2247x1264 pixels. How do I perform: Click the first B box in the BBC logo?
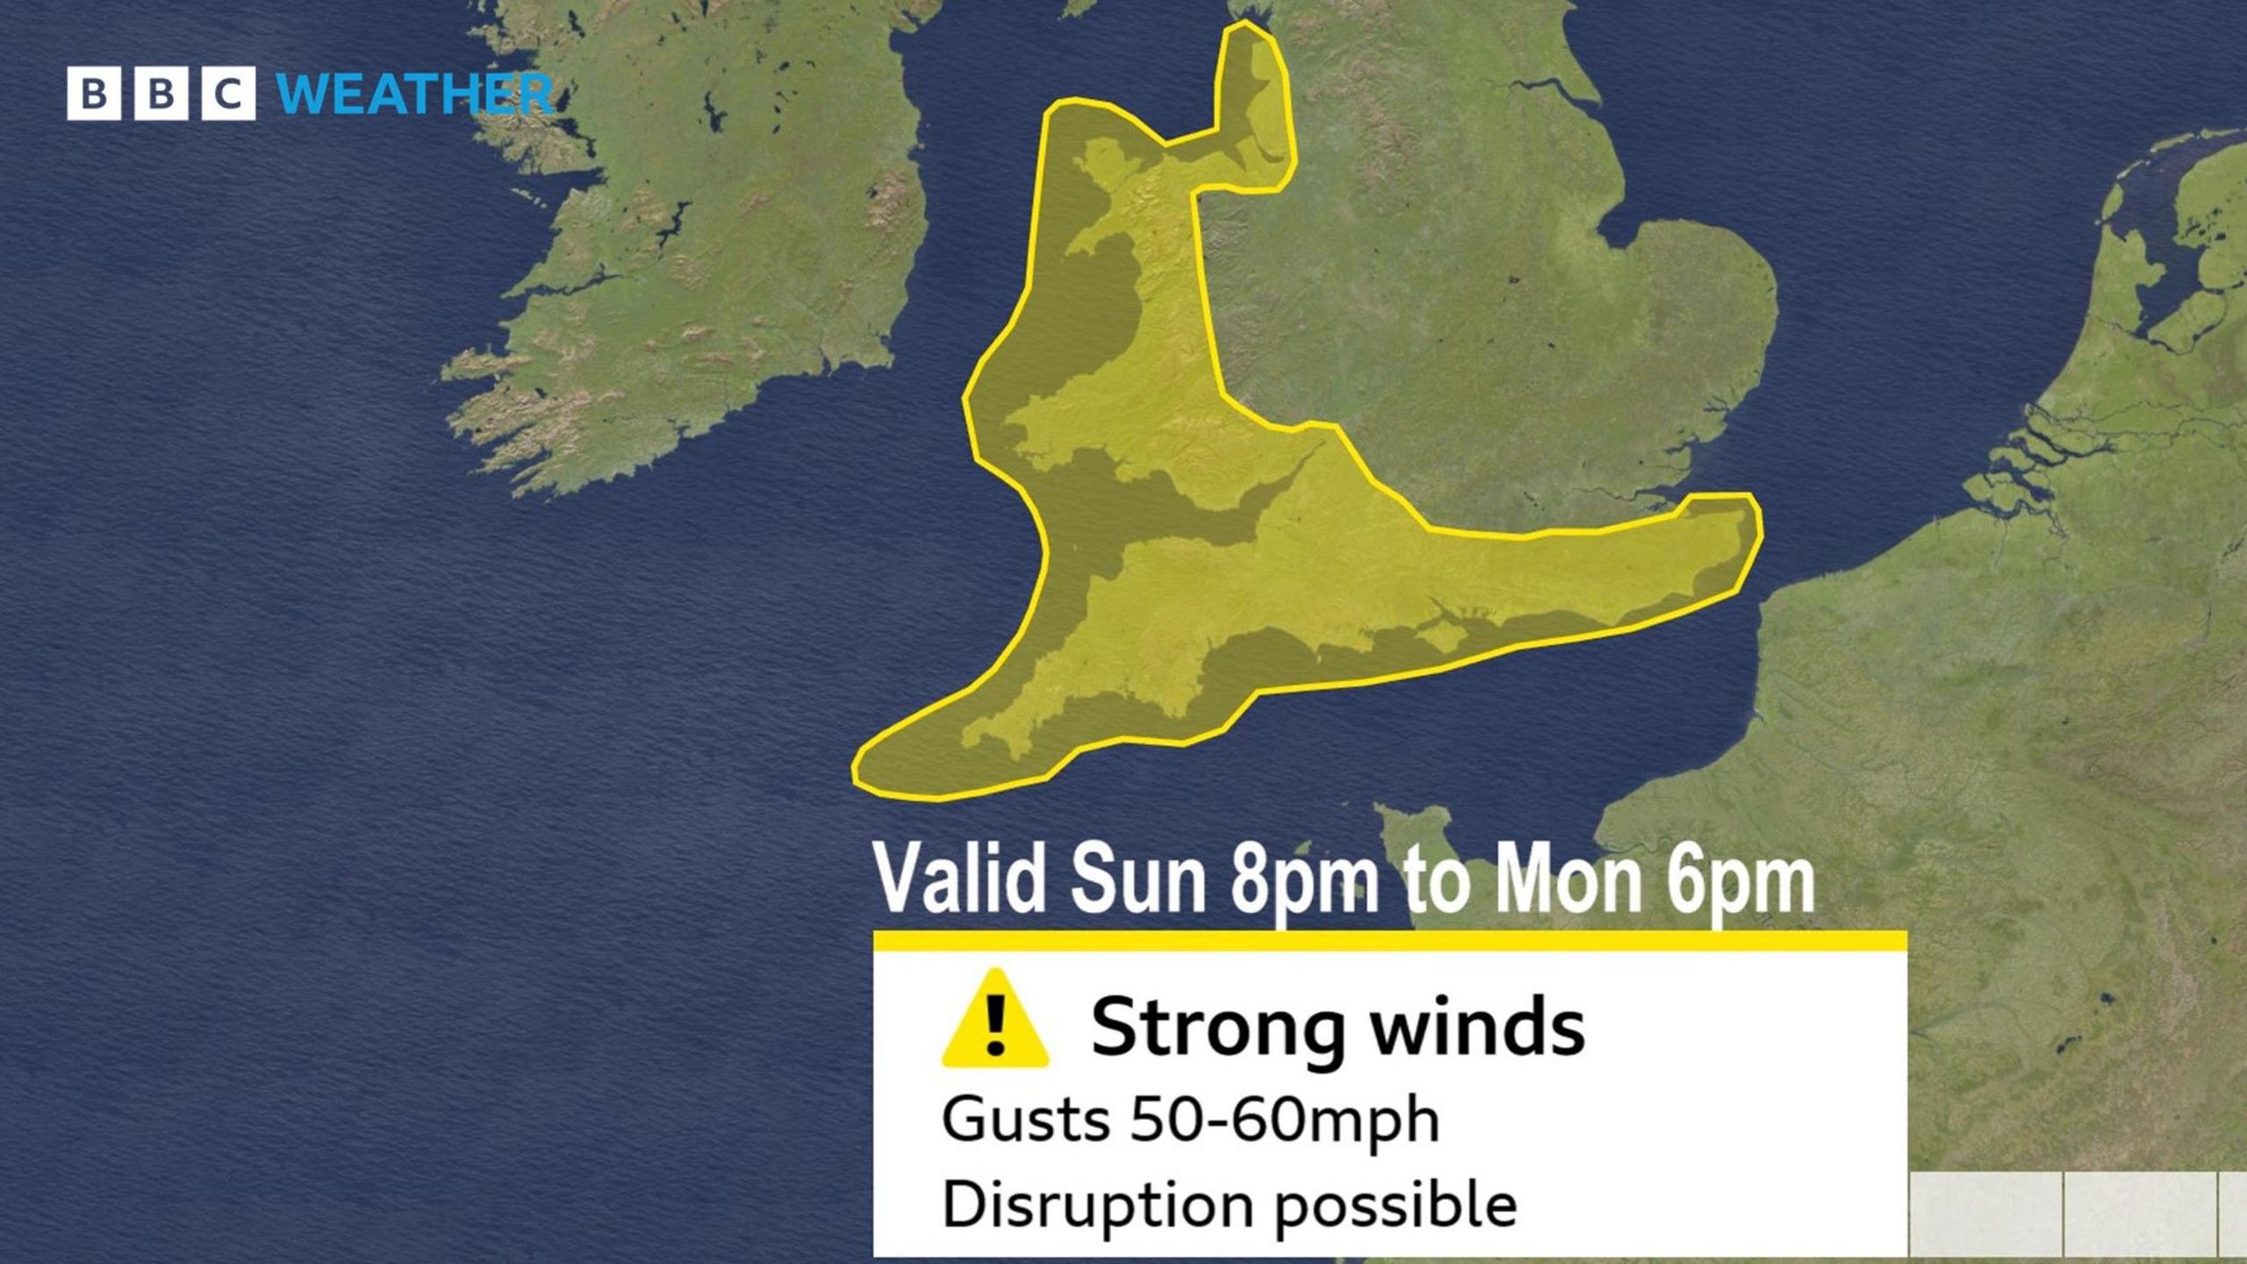(93, 93)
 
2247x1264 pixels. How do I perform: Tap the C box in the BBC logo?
(228, 93)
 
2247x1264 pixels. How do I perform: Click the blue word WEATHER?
(415, 94)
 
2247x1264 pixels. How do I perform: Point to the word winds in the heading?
(1478, 1026)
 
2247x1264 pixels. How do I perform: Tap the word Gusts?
(1024, 1120)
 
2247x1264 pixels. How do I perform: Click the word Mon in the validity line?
(1568, 880)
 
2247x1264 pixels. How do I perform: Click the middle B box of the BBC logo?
(161, 93)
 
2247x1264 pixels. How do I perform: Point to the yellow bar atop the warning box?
(1389, 941)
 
